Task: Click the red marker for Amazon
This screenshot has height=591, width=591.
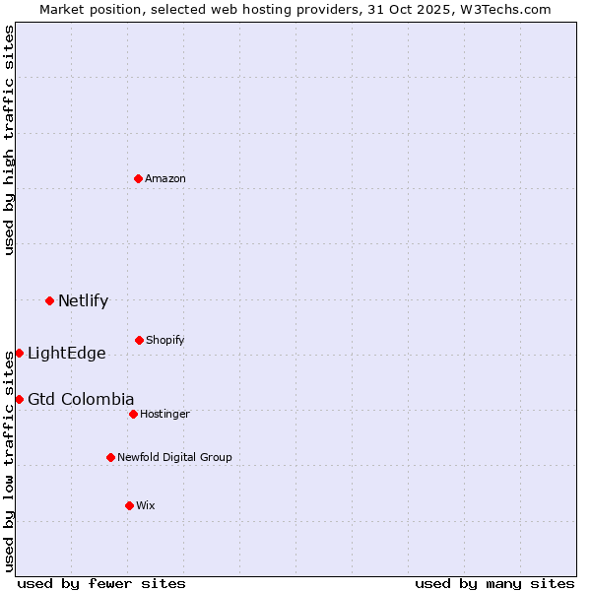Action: pyautogui.click(x=139, y=178)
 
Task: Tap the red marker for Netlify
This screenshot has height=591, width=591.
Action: pyautogui.click(x=49, y=300)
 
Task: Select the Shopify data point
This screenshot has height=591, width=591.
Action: pyautogui.click(x=139, y=340)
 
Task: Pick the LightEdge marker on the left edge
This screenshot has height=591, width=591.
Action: pyautogui.click(x=19, y=353)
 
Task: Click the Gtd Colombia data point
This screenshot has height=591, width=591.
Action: pyautogui.click(x=19, y=399)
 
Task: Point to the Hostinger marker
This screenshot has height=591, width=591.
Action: pyautogui.click(x=133, y=414)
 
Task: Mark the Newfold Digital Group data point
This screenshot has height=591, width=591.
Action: pyautogui.click(x=110, y=457)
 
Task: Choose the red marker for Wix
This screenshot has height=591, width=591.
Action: pyautogui.click(x=129, y=505)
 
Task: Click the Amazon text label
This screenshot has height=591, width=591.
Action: pyautogui.click(x=165, y=178)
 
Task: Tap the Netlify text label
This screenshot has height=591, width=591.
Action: pyautogui.click(x=83, y=301)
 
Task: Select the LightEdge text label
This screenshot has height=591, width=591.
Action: pyautogui.click(x=66, y=354)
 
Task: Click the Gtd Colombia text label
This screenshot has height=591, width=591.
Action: pyautogui.click(x=81, y=399)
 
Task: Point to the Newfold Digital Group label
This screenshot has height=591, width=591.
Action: pyautogui.click(x=174, y=457)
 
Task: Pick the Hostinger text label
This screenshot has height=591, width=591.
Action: pyautogui.click(x=164, y=414)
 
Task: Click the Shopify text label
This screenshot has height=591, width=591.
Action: pyautogui.click(x=164, y=340)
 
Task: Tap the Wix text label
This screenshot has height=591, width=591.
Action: pyautogui.click(x=145, y=505)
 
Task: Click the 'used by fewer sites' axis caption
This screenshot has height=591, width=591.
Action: pyautogui.click(x=101, y=583)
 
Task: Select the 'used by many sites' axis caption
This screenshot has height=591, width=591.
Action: pyautogui.click(x=494, y=583)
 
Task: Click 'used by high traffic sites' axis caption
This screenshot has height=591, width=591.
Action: pyautogui.click(x=9, y=140)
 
